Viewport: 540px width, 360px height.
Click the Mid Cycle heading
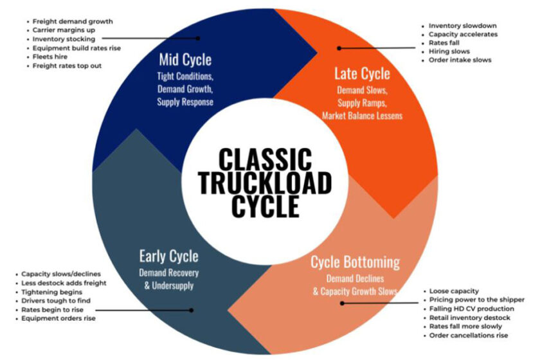185,60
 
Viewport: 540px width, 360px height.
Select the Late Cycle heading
362,73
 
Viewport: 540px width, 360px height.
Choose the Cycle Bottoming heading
355,262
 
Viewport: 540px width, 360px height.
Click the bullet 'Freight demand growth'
73,22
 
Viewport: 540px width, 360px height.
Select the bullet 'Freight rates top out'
67,66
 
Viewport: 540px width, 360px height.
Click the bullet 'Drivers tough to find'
56,301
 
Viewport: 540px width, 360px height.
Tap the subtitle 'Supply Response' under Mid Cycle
185,102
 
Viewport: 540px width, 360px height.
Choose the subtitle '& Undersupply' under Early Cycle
168,286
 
